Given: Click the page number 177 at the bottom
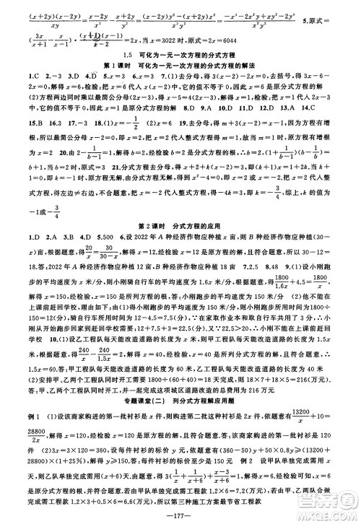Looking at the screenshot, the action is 180,515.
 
